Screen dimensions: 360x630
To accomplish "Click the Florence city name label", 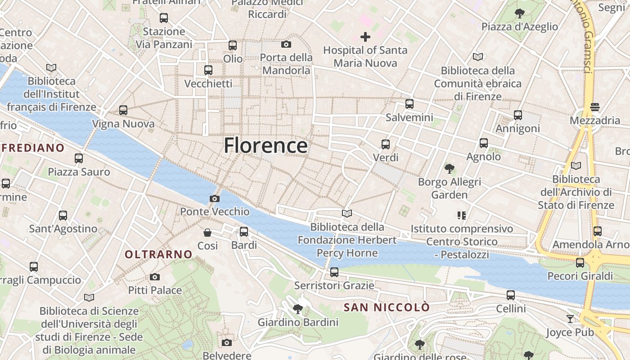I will coord(265,145).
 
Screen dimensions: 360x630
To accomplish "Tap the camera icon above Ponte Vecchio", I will coord(215,198).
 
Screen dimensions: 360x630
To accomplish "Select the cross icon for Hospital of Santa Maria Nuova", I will coord(365,37).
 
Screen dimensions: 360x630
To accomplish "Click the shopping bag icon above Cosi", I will coord(207,233).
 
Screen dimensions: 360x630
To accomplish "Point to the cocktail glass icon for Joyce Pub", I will coord(570,319).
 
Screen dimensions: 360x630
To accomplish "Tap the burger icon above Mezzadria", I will coord(595,107).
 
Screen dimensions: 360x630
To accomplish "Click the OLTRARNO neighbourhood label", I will coord(158,255).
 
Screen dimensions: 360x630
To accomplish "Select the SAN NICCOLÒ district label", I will coord(387,308).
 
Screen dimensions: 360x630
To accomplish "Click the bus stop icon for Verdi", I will coord(386,144).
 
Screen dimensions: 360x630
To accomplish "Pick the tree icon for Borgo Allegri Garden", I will coord(449,169).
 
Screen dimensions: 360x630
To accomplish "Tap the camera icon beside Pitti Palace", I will coord(155,277).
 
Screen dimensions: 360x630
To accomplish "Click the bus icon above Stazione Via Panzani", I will coord(164,18).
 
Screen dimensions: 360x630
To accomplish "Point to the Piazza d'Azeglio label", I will coord(520,27).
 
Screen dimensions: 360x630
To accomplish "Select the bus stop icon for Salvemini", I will coord(409,104).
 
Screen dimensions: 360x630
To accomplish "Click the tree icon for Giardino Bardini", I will coord(297,309).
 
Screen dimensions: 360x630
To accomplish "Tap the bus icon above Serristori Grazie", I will coord(334,272).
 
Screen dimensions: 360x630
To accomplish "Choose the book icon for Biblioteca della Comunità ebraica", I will coord(477,57).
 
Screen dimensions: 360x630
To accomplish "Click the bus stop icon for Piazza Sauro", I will coord(79,158).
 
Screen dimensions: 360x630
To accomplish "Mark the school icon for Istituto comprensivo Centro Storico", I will coord(461,216).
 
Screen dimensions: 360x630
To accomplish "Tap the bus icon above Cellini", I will coord(511,295).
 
